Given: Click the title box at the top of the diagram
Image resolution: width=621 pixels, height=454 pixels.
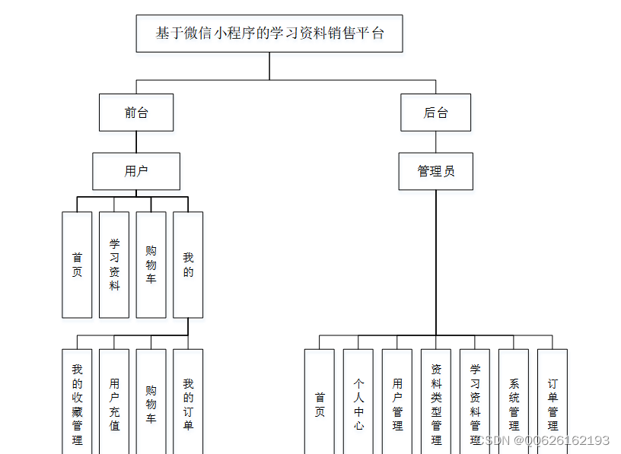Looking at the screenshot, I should [269, 33].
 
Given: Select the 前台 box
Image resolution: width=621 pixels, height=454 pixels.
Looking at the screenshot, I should [136, 113].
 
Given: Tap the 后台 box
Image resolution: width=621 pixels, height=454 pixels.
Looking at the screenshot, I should [436, 113].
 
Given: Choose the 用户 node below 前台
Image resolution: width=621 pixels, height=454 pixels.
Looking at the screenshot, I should [136, 171].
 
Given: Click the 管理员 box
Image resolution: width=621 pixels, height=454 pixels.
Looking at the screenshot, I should [436, 171].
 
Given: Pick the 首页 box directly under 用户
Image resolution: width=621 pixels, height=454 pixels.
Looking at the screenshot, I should [77, 265].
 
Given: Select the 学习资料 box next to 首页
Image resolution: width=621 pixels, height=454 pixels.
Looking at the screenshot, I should [114, 265].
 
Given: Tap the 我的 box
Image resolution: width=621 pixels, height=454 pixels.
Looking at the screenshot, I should [188, 265].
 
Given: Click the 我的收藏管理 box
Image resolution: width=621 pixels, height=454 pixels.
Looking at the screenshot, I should [77, 402].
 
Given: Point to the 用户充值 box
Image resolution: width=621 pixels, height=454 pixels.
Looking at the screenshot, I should [114, 402].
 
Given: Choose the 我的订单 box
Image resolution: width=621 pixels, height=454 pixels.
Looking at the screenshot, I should [188, 402].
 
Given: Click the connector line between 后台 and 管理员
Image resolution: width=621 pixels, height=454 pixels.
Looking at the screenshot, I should [436, 141].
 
